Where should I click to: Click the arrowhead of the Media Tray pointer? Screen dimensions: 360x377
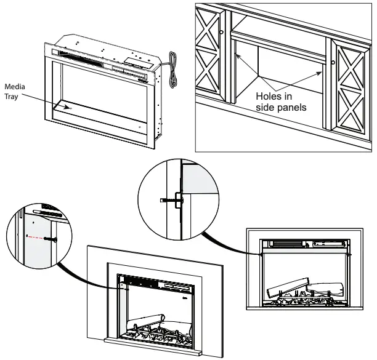(x=68, y=108)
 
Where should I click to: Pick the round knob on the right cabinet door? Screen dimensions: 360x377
(x=333, y=62)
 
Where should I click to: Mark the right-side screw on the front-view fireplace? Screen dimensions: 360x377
(x=349, y=253)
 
